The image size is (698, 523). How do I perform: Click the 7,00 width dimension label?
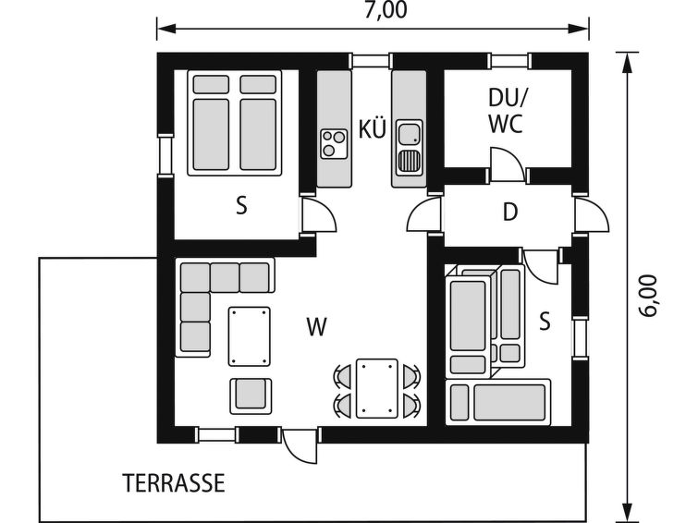[386, 11]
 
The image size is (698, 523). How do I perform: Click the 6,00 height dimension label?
[648, 296]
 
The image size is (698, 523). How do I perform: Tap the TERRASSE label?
[174, 483]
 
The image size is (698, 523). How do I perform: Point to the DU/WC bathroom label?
[507, 111]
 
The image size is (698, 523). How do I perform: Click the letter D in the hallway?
[510, 213]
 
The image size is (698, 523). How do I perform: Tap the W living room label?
[317, 327]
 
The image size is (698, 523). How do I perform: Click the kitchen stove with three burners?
[334, 143]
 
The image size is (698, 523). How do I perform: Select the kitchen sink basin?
[410, 134]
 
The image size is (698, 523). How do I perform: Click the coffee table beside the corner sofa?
[250, 336]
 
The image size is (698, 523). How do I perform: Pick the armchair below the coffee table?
[251, 395]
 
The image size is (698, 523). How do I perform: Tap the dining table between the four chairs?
[376, 388]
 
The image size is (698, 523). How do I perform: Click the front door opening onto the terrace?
[300, 445]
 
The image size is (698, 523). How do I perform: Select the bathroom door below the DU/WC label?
[508, 165]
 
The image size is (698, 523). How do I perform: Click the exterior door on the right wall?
[591, 214]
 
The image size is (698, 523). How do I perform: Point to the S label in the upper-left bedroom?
[241, 206]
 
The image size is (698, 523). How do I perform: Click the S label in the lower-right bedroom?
[545, 322]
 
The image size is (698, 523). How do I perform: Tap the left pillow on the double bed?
[211, 85]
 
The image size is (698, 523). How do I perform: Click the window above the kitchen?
[371, 61]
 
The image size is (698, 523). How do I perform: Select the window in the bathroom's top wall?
[511, 61]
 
